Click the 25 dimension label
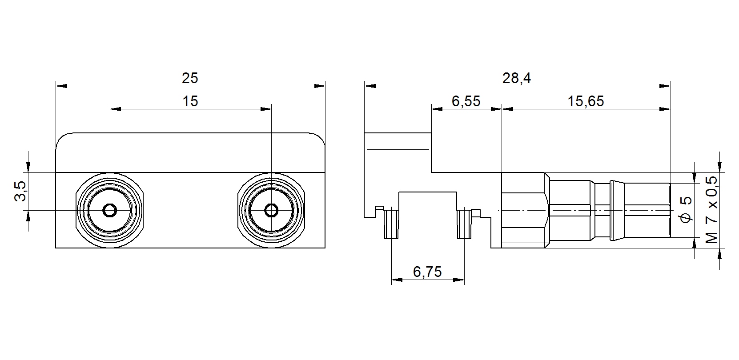pos(190,78)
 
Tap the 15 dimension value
pos(190,101)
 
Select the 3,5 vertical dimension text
pos(20,191)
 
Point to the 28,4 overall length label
pos(517,78)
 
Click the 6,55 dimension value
pos(466,101)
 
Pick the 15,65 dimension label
pos(586,101)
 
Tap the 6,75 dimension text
pos(427,272)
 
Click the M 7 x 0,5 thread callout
pos(712,209)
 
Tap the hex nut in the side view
pos(525,210)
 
